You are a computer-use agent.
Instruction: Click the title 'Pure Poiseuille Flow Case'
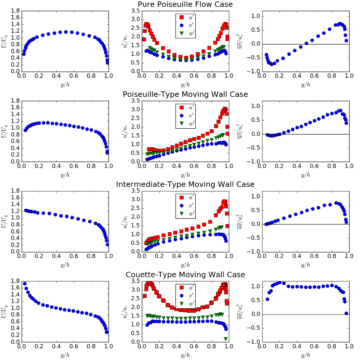[x=185, y=4]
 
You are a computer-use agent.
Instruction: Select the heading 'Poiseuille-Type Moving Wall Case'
[x=185, y=94]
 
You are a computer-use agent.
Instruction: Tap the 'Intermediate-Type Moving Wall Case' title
[x=185, y=184]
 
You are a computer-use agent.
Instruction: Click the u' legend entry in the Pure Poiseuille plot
[x=189, y=18]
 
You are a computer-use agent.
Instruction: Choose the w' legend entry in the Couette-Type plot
[x=189, y=303]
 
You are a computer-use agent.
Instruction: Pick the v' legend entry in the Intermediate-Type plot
[x=189, y=205]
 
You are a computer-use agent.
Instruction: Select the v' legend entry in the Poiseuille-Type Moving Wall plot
[x=189, y=115]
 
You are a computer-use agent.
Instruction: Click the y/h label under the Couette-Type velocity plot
[x=65, y=355]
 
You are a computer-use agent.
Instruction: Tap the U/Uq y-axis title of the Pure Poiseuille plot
[x=4, y=41]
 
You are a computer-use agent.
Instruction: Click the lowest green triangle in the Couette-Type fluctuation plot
[x=225, y=338]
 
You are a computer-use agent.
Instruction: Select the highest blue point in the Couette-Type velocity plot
[x=24, y=284]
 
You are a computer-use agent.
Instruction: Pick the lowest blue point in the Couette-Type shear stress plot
[x=346, y=313]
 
